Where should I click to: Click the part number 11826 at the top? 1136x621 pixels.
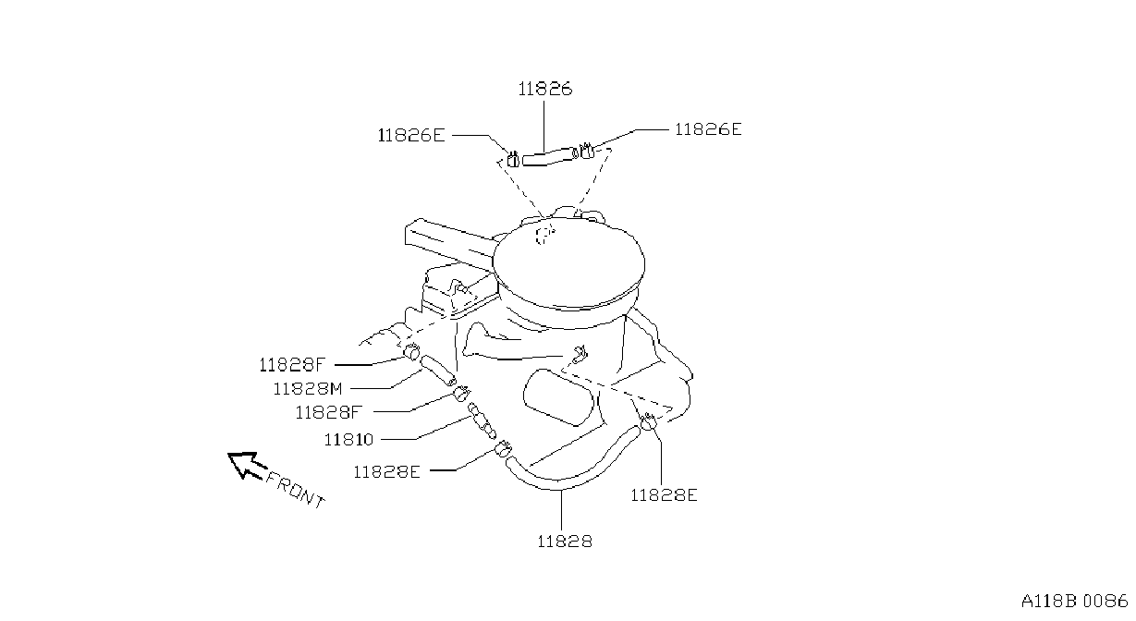click(x=545, y=89)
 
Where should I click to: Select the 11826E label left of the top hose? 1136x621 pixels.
click(x=411, y=135)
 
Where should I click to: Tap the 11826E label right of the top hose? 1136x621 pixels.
click(x=708, y=129)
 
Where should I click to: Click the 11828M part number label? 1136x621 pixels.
click(x=308, y=389)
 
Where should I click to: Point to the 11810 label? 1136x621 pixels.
click(x=348, y=439)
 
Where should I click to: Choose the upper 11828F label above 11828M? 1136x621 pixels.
click(x=291, y=364)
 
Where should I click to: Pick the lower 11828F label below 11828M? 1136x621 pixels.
click(x=329, y=412)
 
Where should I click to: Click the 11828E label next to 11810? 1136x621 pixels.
click(x=387, y=472)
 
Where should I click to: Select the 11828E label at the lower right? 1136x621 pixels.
click(x=664, y=494)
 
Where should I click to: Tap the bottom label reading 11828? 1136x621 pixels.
click(x=565, y=542)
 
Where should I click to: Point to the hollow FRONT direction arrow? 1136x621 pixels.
click(x=246, y=465)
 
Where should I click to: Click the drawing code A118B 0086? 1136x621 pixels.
click(x=1074, y=602)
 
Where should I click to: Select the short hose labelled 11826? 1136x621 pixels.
click(x=550, y=155)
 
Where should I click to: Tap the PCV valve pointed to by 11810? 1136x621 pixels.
click(x=482, y=420)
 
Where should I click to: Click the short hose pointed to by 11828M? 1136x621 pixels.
click(x=437, y=371)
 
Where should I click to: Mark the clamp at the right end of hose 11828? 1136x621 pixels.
click(x=648, y=421)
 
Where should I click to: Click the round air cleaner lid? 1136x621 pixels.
click(x=568, y=262)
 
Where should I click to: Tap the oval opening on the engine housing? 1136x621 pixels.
click(x=558, y=397)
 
